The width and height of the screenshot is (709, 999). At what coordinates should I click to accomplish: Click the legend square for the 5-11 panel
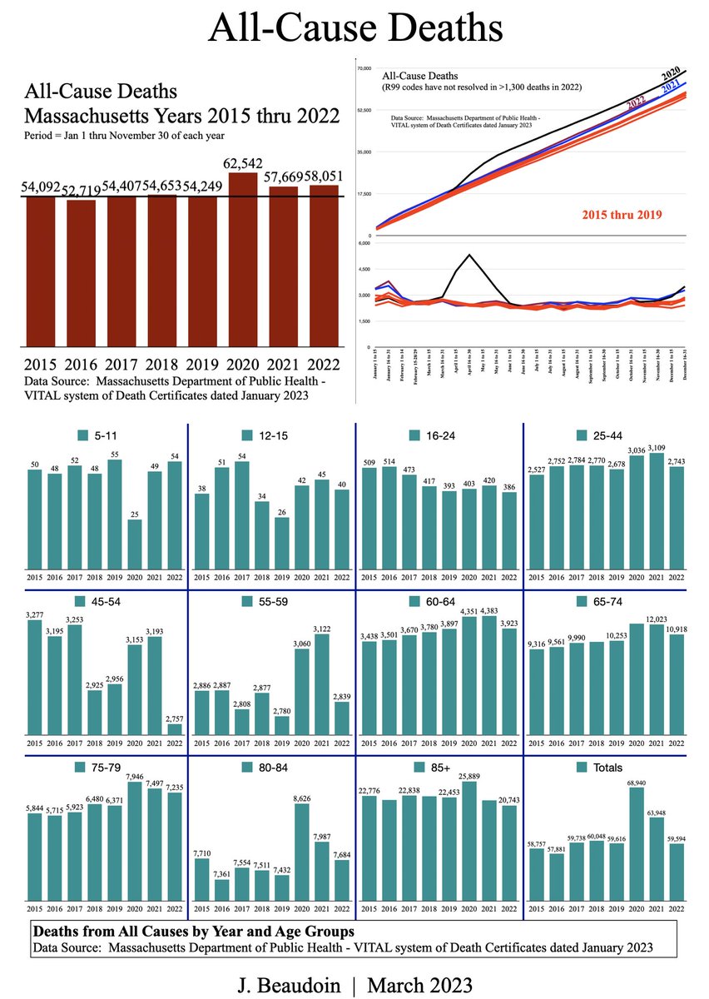(x=82, y=435)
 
